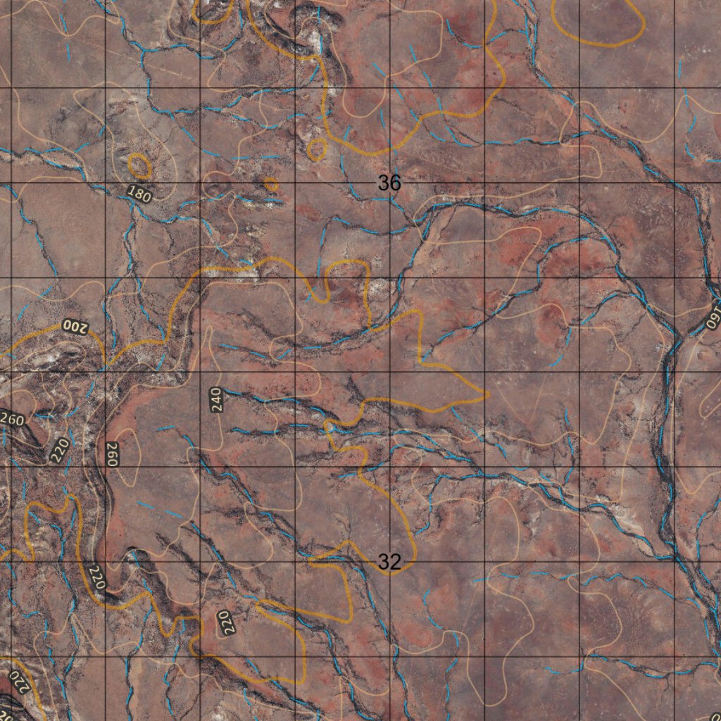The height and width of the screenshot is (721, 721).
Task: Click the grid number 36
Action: click(389, 184)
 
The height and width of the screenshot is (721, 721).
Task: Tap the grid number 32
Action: click(389, 562)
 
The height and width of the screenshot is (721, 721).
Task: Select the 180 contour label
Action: click(139, 194)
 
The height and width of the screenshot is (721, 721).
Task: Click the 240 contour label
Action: click(215, 399)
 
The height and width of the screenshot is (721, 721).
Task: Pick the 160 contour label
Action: click(715, 315)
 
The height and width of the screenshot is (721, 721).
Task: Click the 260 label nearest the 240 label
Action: click(111, 454)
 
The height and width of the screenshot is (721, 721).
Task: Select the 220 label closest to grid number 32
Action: click(226, 623)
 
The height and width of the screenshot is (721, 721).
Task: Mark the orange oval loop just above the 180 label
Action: click(139, 165)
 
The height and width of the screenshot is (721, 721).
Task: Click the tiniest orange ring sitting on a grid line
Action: click(271, 184)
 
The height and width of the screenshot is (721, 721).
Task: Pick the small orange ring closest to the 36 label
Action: click(317, 149)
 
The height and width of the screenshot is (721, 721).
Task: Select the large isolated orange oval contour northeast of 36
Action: click(598, 21)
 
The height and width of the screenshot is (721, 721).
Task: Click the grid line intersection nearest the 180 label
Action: click(106, 183)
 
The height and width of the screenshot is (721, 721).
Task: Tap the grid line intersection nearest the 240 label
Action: click(201, 372)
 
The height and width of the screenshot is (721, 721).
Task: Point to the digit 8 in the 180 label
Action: click(139, 194)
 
